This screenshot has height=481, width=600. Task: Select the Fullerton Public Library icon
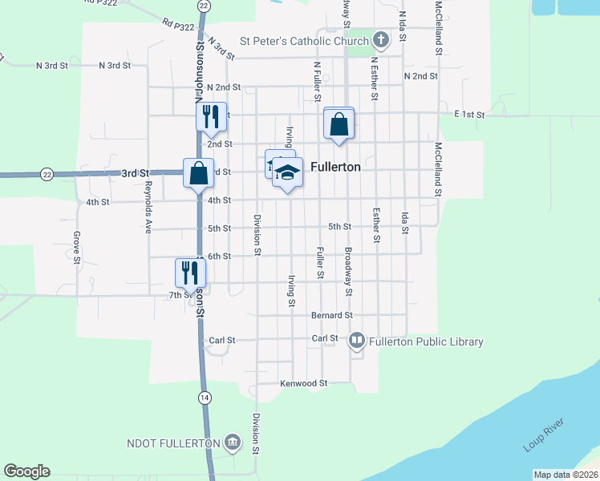click(x=357, y=342)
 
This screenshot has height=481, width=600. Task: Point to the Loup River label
click(x=544, y=433)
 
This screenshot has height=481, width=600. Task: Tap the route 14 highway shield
click(x=205, y=398)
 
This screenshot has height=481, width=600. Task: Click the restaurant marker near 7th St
click(x=191, y=272)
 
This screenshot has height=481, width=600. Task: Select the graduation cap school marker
click(x=286, y=172)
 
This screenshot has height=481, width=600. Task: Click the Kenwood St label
click(x=304, y=383)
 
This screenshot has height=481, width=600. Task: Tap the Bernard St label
click(x=332, y=315)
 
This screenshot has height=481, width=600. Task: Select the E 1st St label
click(x=469, y=115)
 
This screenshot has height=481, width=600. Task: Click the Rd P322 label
click(x=177, y=26)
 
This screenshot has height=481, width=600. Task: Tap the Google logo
click(x=26, y=471)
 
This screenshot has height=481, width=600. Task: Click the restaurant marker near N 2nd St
click(x=212, y=116)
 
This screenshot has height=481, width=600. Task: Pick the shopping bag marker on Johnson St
click(x=198, y=172)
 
